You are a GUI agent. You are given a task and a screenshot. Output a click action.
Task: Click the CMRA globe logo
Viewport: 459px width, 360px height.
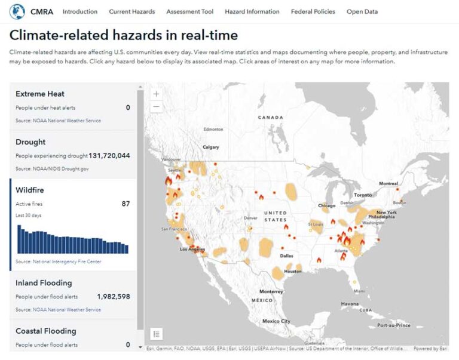click(17, 11)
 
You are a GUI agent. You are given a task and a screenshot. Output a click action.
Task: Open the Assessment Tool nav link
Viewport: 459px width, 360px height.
click(189, 11)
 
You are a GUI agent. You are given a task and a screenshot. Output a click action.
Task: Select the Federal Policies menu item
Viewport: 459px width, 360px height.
click(313, 11)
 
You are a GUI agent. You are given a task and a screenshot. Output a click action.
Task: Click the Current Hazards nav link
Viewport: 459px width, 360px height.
click(131, 11)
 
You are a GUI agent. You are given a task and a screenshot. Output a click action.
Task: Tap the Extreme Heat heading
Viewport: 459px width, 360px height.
click(40, 94)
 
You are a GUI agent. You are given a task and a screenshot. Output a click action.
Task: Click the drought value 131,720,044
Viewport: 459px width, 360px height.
click(109, 156)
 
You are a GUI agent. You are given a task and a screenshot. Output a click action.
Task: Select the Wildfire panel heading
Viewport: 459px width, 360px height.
click(30, 190)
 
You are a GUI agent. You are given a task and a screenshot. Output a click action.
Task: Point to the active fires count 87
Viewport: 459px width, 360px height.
click(126, 204)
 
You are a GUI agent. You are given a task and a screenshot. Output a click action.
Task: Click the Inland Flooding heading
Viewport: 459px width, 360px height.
click(44, 283)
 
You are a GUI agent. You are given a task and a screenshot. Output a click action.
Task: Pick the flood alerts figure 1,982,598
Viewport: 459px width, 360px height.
click(113, 297)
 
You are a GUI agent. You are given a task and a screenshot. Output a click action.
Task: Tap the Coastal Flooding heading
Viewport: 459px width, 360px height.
click(45, 331)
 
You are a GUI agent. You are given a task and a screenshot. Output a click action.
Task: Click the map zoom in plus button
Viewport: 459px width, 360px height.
click(156, 94)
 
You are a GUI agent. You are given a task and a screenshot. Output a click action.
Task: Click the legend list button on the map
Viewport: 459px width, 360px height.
click(156, 334)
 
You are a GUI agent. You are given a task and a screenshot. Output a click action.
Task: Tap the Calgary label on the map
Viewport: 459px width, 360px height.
click(210, 147)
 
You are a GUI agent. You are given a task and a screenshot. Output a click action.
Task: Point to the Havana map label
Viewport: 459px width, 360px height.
click(350, 303)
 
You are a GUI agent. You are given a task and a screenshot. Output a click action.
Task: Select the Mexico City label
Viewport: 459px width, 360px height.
click(276, 321)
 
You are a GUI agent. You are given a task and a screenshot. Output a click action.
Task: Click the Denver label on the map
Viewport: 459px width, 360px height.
click(251, 218)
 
